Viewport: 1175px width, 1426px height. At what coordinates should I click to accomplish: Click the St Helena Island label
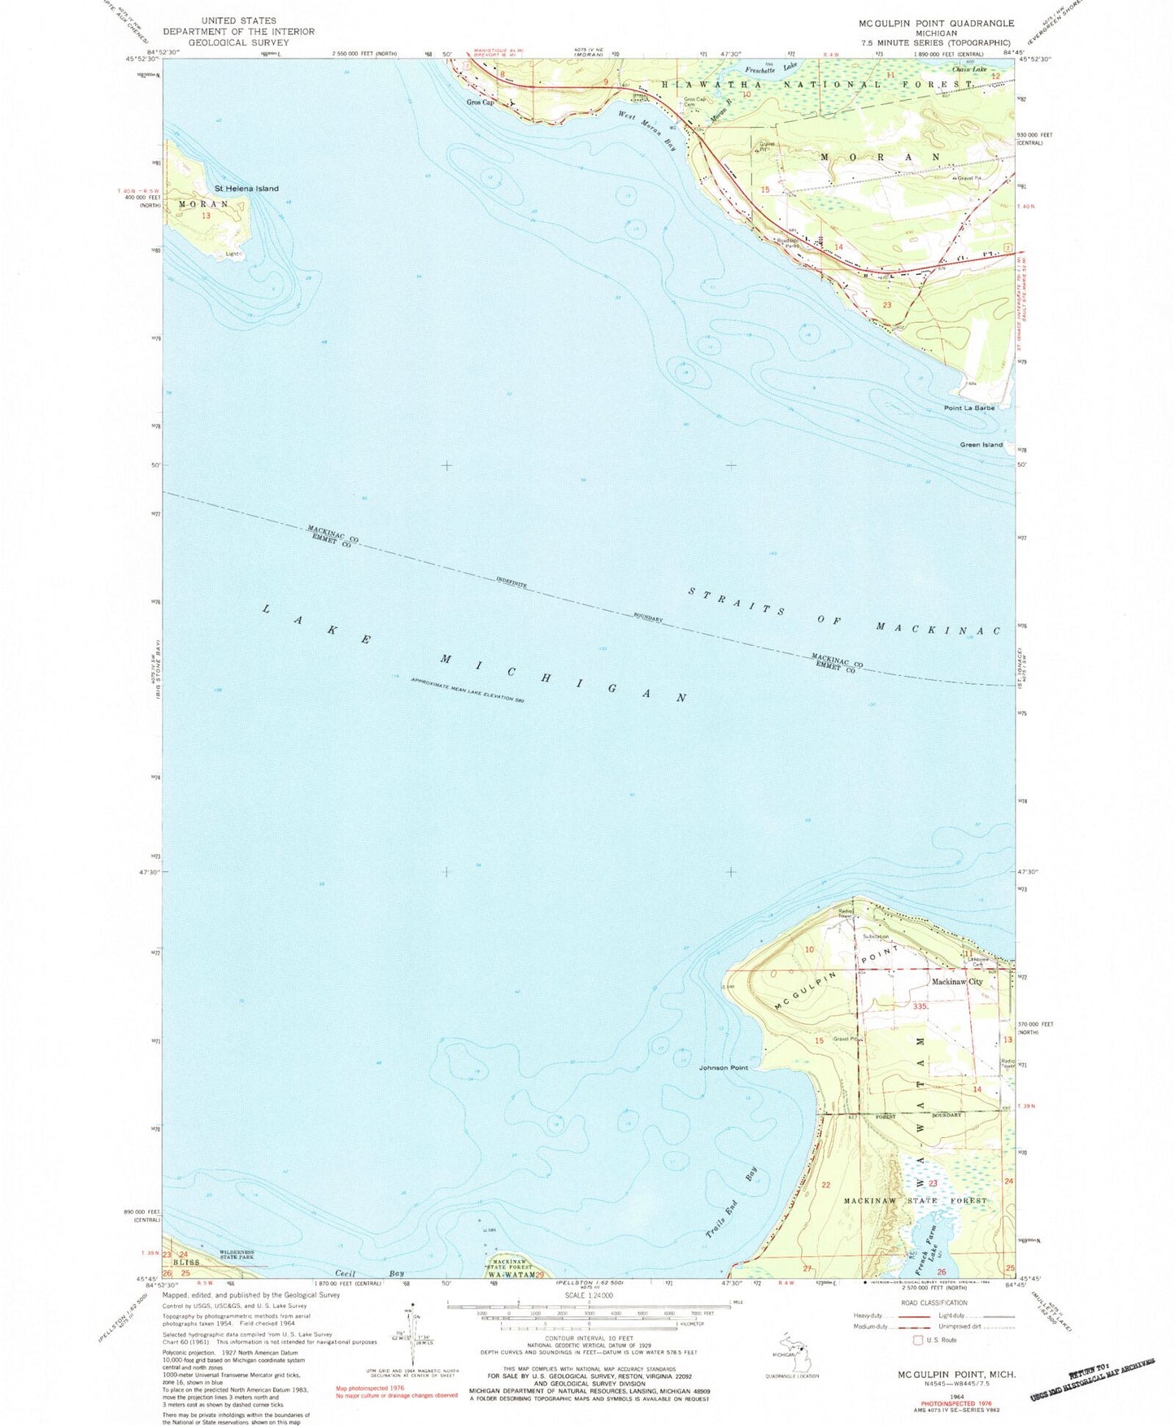tap(246, 188)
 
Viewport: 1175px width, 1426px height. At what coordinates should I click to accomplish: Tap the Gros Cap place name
tap(481, 102)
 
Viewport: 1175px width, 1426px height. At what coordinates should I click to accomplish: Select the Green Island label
tap(981, 445)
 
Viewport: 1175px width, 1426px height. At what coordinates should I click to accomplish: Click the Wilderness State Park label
tap(235, 1254)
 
